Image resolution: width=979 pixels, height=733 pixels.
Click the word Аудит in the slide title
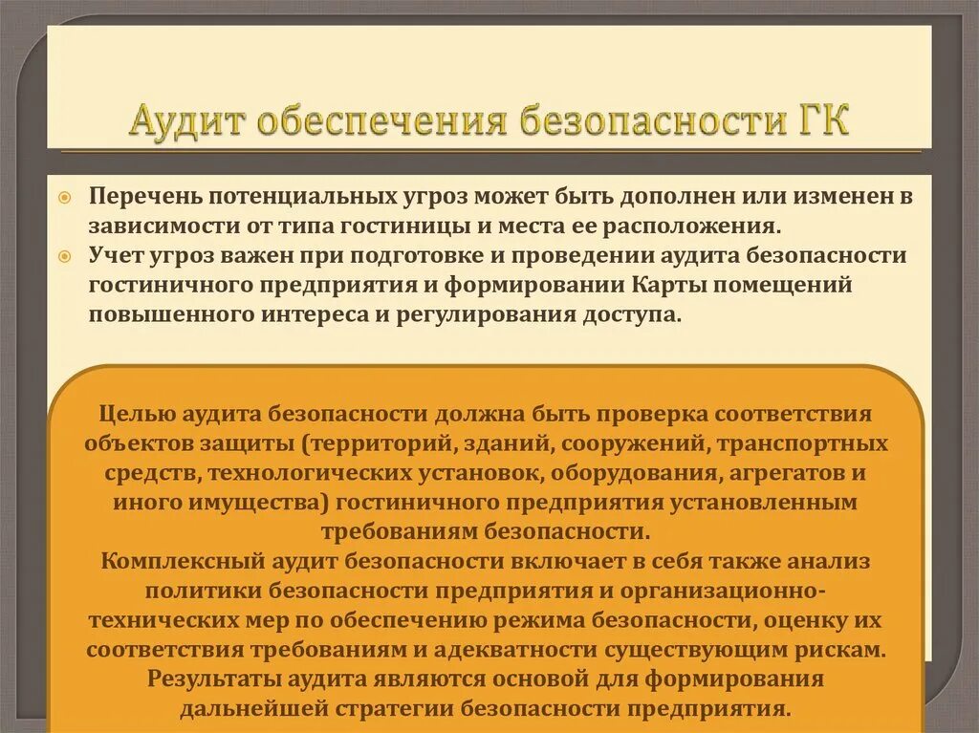click(x=192, y=123)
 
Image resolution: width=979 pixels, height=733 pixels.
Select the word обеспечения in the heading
click(x=382, y=123)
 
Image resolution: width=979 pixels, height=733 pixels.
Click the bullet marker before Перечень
click(x=64, y=196)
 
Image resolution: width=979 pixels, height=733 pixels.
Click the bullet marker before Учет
click(x=64, y=256)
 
